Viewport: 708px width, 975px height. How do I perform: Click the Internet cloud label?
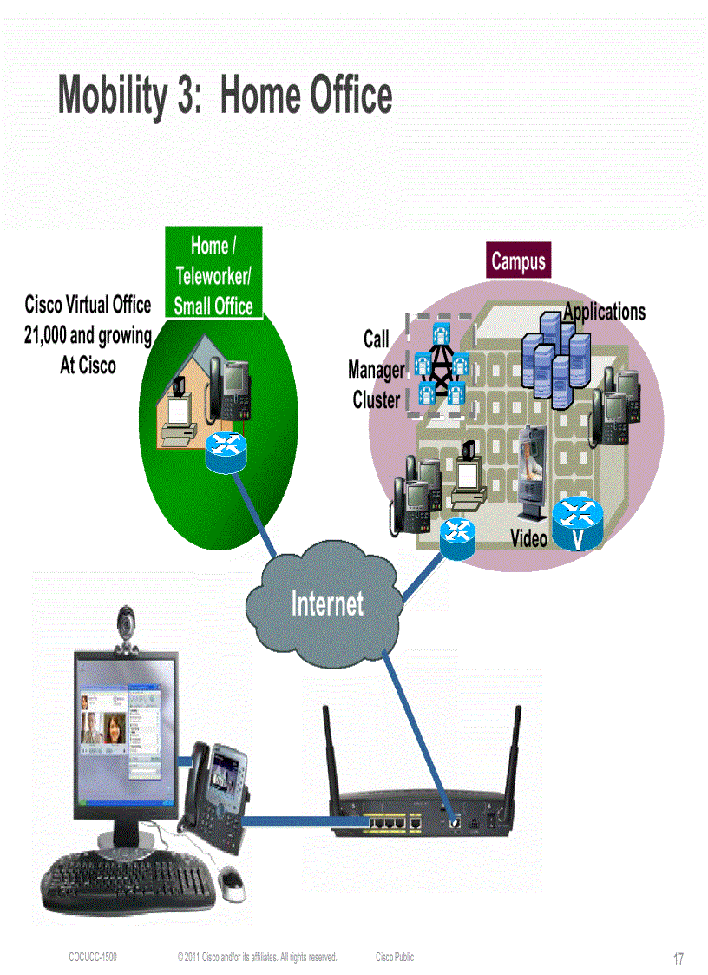pyautogui.click(x=327, y=603)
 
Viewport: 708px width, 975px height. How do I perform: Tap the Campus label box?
pyautogui.click(x=518, y=260)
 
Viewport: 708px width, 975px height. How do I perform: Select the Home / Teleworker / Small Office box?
pyautogui.click(x=213, y=274)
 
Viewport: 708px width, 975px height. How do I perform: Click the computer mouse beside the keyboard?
pyautogui.click(x=232, y=880)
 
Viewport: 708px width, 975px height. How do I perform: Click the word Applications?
pyautogui.click(x=604, y=311)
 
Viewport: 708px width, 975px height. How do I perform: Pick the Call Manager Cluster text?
pyautogui.click(x=376, y=370)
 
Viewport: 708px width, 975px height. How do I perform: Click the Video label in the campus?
pyautogui.click(x=528, y=538)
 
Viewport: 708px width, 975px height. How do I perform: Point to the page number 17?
pyautogui.click(x=678, y=959)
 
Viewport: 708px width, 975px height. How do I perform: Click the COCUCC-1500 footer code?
pyautogui.click(x=93, y=957)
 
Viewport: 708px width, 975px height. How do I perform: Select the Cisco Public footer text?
pyautogui.click(x=395, y=957)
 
